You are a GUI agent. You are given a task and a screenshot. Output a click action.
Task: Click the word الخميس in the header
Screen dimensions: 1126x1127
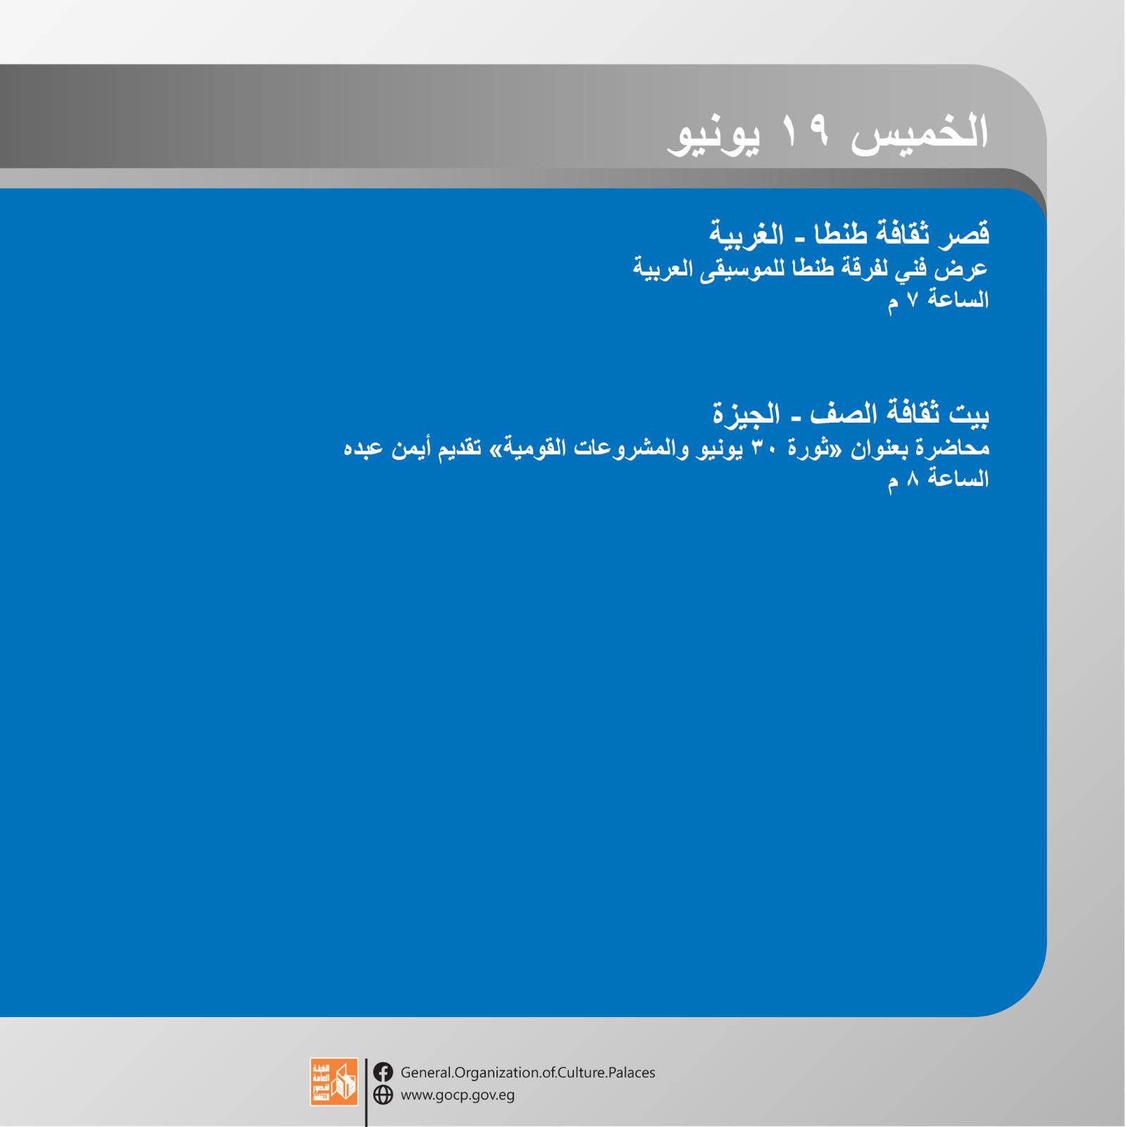[920, 132]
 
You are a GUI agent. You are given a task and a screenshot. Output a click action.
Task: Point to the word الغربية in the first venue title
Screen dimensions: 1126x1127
[746, 234]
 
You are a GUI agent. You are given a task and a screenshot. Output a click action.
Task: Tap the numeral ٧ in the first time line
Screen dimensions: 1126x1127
[913, 300]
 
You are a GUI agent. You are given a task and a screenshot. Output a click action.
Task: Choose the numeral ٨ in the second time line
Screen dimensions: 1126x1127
[913, 479]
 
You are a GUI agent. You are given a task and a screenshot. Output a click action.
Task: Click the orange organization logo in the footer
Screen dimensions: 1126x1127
[334, 1081]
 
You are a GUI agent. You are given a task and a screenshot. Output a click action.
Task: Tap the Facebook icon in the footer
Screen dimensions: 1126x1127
[383, 1072]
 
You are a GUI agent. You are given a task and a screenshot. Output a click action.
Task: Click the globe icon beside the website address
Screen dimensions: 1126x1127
[383, 1095]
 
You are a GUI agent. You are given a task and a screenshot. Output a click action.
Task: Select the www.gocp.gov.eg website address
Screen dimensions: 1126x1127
[458, 1096]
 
